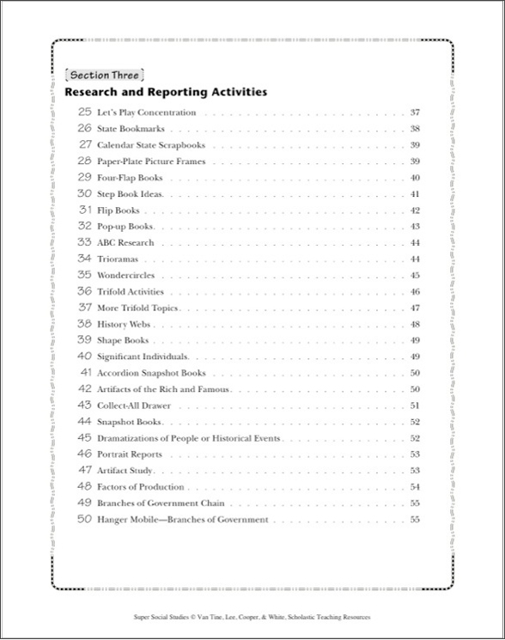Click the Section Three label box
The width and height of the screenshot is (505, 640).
102,75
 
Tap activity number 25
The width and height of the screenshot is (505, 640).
84,113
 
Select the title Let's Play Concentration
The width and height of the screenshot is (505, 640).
146,113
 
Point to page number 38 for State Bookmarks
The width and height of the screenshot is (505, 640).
415,129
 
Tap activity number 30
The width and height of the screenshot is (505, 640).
84,194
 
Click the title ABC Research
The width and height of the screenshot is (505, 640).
125,243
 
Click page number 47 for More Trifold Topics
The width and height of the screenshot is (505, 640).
415,308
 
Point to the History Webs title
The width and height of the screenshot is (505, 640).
125,324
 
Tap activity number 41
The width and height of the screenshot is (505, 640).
85,373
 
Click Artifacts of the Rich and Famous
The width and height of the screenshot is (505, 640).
163,389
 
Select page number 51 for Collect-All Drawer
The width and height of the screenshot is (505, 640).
415,405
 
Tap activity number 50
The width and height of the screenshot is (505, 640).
84,519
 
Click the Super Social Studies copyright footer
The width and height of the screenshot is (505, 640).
252,616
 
